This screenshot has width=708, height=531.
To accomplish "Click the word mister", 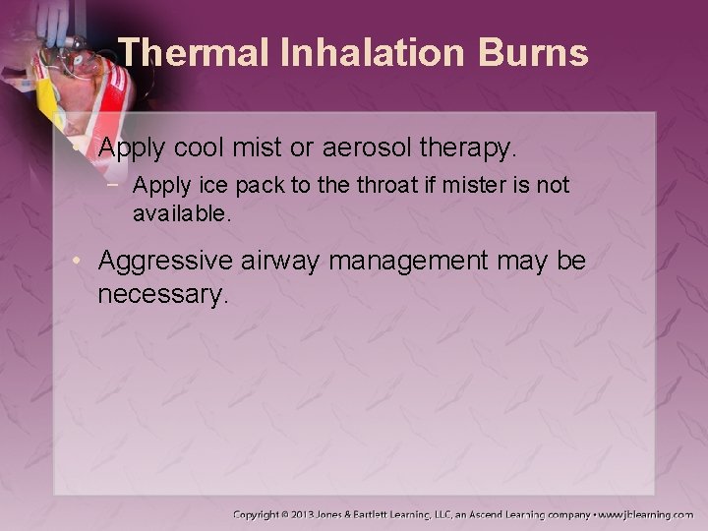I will tap(448, 185).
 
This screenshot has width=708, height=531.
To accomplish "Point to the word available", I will tap(182, 211).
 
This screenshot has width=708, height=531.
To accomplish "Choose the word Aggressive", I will tap(178, 262).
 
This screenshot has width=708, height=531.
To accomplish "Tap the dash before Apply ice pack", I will tap(118, 185).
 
